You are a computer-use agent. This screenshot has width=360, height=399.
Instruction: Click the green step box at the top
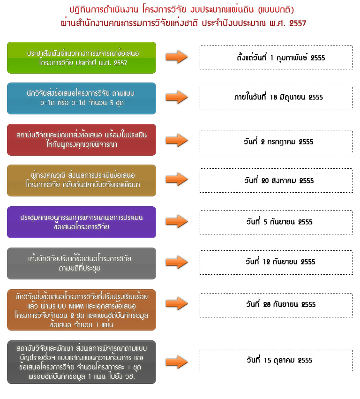pos(82,58)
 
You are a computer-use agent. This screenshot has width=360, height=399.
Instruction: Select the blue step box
pos(82,98)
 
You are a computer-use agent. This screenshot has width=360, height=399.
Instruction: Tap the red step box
pos(82,140)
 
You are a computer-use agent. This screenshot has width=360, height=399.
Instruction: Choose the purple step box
pos(82,222)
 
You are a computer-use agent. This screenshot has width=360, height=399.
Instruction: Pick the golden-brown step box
pos(82,181)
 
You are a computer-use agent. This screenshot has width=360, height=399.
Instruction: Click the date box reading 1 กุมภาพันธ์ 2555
pos(276,57)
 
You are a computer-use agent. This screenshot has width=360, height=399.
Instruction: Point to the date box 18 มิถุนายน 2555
pos(276,98)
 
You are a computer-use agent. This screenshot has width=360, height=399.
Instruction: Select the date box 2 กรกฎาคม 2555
pos(276,142)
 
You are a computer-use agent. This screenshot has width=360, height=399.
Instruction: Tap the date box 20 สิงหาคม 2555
pos(276,181)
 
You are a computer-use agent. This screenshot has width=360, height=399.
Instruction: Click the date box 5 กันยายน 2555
pos(276,222)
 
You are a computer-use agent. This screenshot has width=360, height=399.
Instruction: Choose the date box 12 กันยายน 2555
pos(276,263)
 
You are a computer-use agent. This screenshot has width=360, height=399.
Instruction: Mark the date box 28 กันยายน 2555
pos(276,305)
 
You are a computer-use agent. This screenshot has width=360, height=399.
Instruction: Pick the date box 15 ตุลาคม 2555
pos(276,361)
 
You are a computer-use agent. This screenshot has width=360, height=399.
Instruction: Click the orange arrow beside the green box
pos(177,57)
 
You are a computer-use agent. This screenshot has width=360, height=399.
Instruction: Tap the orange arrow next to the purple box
pos(177,221)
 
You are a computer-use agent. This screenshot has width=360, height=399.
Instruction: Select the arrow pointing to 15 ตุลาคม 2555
pos(177,362)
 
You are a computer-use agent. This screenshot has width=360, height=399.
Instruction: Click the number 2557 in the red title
pos(297,23)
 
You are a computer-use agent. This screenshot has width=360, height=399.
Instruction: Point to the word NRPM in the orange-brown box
pos(76,306)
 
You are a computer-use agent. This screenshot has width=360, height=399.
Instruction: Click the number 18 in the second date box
pos(273,97)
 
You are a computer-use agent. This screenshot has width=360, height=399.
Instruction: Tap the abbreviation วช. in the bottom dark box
pos(130,376)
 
